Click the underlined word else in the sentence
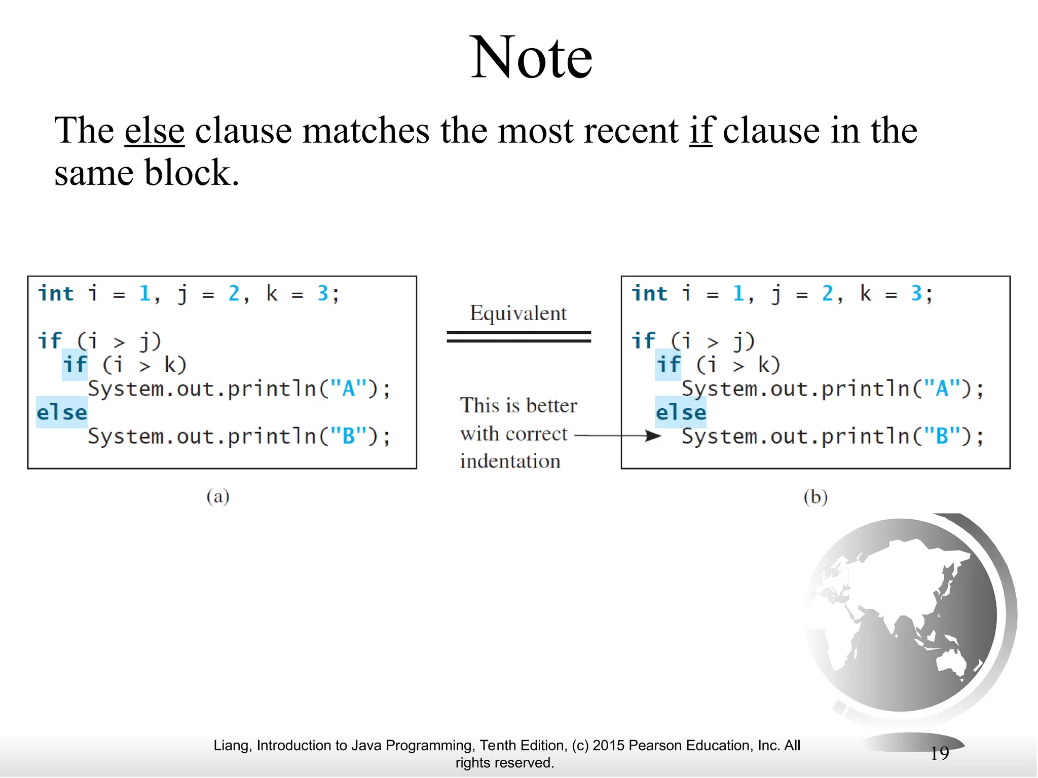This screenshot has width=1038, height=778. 155,131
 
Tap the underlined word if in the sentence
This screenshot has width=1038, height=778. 700,131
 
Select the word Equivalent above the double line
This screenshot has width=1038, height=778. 518,313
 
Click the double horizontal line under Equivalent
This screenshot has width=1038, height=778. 518,337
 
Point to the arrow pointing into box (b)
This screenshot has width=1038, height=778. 618,436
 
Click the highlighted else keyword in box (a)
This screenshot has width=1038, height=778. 62,412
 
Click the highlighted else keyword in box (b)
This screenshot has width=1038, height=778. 681,412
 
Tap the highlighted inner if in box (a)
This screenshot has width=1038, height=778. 75,365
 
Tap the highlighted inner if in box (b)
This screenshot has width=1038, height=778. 668,365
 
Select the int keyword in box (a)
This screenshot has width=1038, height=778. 56,294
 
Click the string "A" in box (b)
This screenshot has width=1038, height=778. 941,389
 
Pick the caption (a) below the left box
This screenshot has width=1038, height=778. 218,496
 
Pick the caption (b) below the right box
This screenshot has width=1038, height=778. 815,497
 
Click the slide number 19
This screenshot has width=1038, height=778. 939,753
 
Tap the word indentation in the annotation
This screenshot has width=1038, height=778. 510,461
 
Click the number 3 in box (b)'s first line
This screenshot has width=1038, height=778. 916,294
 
